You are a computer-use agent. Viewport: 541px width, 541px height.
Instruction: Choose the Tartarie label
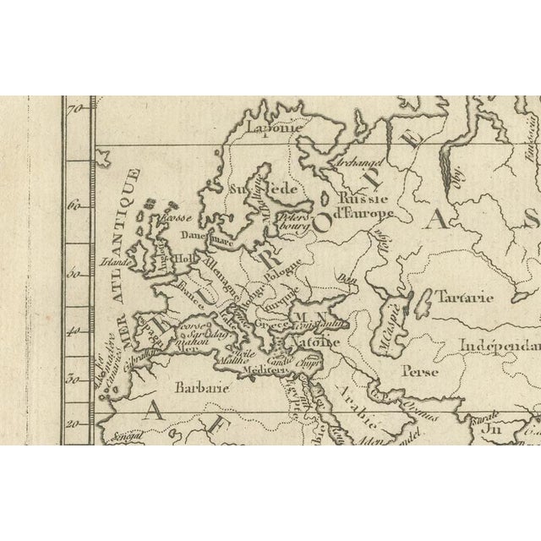[466, 298]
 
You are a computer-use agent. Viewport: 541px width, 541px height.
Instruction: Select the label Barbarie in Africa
[201, 389]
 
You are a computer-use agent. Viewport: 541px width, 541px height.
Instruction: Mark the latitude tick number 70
[75, 108]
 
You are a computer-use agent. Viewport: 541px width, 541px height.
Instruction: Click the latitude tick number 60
[75, 205]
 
